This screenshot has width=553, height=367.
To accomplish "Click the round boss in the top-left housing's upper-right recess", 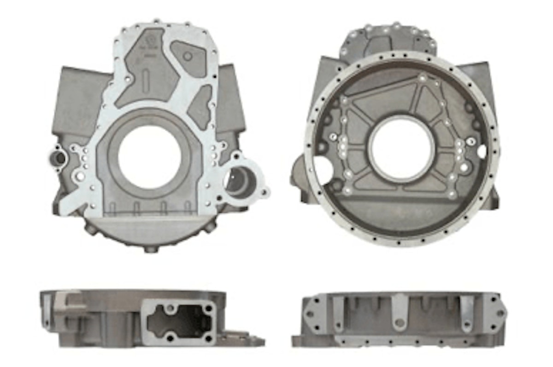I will point(188,56).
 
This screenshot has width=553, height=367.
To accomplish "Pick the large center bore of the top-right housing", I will point(401,149).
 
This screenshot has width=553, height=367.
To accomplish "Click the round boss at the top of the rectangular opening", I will point(171,307).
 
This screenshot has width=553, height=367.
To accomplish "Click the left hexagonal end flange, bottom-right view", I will point(313,315).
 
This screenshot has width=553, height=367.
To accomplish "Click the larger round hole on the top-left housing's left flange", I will point(80,176).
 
